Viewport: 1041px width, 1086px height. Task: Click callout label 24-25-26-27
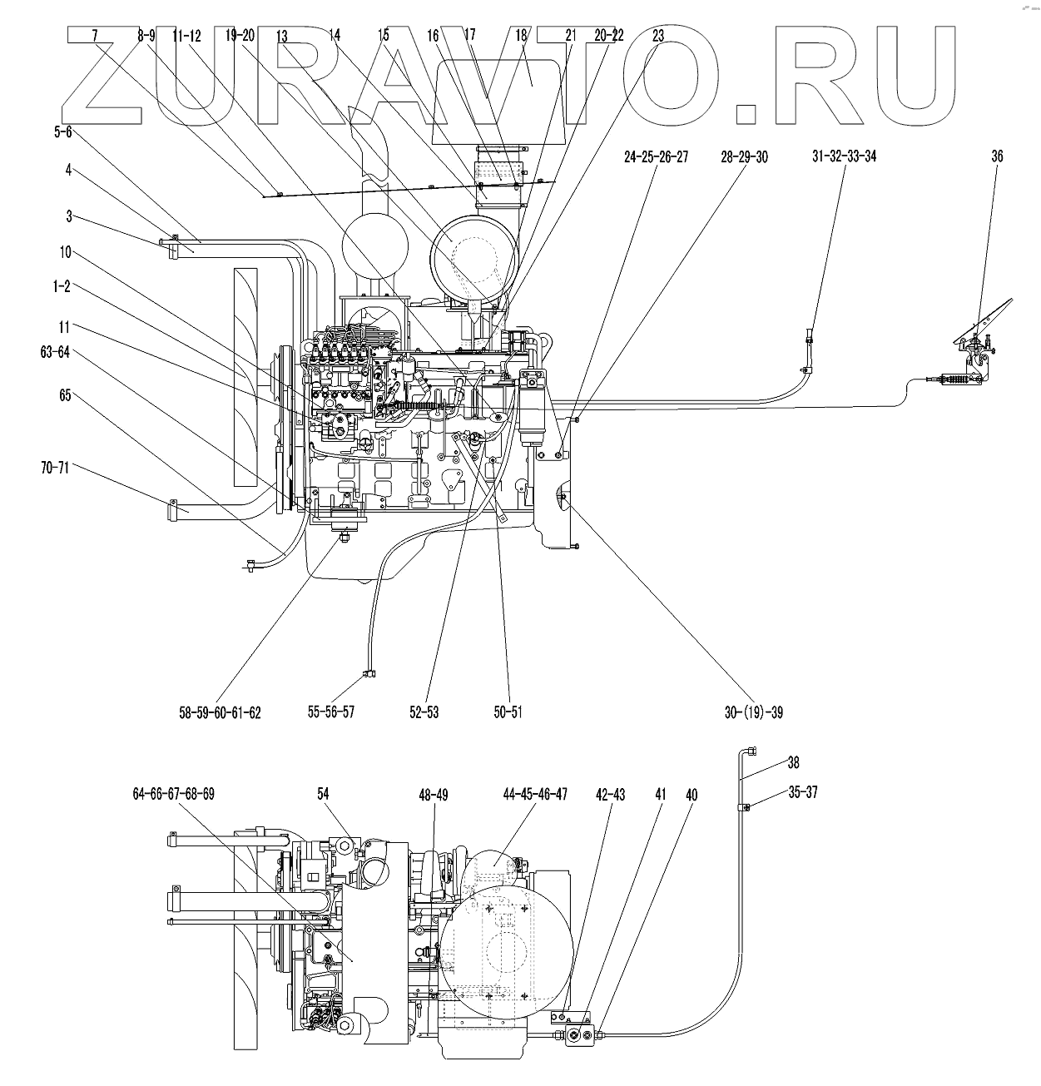click(x=657, y=156)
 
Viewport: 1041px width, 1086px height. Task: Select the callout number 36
click(x=997, y=156)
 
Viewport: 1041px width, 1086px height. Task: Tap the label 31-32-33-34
click(x=844, y=156)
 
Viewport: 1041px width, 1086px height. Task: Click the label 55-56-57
click(x=331, y=712)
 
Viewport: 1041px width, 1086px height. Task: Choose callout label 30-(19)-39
click(x=753, y=712)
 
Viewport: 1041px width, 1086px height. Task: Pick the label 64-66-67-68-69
click(x=173, y=794)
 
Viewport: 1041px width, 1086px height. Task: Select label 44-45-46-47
click(x=535, y=794)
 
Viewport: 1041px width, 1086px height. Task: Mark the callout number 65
click(x=65, y=395)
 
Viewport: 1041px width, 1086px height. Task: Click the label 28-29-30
click(x=745, y=156)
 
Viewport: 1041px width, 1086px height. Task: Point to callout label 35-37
click(x=803, y=792)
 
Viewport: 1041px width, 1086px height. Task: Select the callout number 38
click(x=793, y=761)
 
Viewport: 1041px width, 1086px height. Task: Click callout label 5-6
click(x=64, y=131)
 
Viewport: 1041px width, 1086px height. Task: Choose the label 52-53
click(x=424, y=712)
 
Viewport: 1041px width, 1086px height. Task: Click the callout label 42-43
click(x=612, y=796)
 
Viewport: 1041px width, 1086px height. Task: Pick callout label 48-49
click(x=434, y=796)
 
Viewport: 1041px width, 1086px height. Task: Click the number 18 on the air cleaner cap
click(x=522, y=35)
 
